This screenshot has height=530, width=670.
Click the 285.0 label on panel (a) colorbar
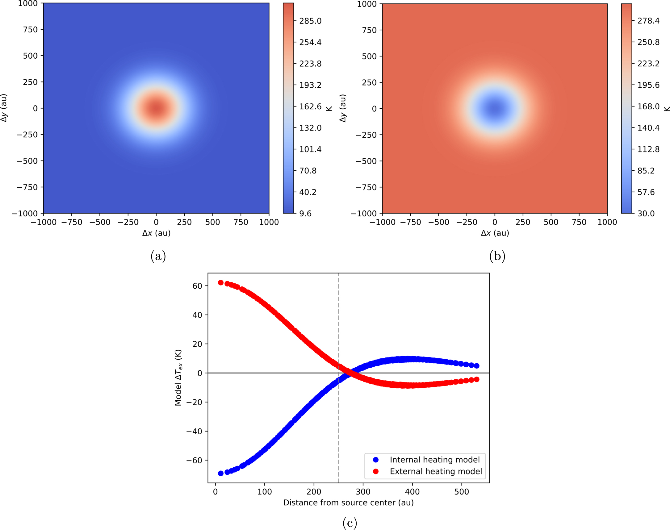310,21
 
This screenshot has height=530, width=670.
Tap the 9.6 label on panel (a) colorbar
305,214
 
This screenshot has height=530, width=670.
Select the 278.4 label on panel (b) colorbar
648,21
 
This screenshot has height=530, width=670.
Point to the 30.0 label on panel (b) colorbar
646,214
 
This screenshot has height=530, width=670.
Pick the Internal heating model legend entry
434,460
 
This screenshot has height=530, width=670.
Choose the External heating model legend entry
436,471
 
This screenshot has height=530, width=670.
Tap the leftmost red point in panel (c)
221,283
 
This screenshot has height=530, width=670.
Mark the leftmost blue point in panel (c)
221,473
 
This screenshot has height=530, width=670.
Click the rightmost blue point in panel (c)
477,366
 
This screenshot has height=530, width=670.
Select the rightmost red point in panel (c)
477,379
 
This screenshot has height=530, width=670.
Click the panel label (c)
350,523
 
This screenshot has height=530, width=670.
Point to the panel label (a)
158,256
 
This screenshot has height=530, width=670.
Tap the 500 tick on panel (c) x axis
462,492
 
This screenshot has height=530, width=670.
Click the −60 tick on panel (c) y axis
194,461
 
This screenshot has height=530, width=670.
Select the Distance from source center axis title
348,503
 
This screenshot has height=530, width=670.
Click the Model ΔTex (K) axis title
178,378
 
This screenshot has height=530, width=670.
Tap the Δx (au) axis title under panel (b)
495,233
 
